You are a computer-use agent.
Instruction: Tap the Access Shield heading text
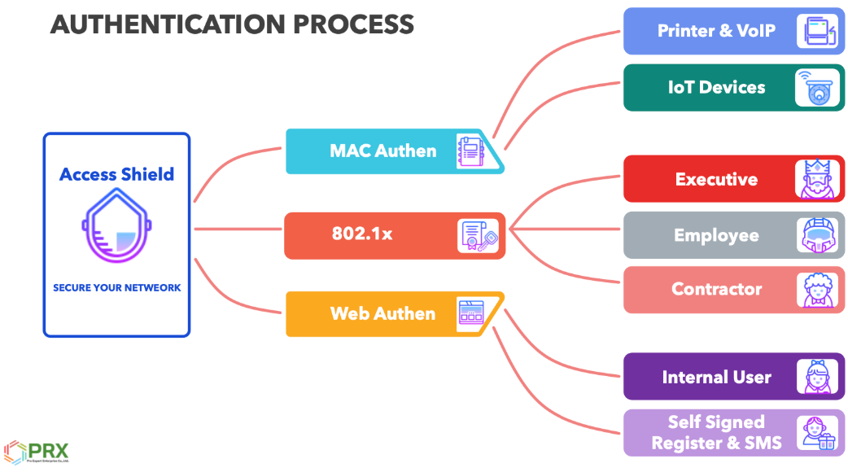coord(116,174)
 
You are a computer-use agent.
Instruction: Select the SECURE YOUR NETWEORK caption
coord(116,287)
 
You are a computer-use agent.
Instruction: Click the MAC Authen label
coord(382,151)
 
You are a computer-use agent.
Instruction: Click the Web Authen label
coord(382,313)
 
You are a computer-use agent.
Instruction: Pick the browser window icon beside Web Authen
coord(472,313)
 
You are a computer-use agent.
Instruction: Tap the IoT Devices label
coord(716,87)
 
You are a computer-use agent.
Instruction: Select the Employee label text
coord(715,235)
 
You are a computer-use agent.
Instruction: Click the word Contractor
coord(716,289)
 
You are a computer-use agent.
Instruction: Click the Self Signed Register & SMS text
coord(716,432)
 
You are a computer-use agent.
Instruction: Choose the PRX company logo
coord(37,452)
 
